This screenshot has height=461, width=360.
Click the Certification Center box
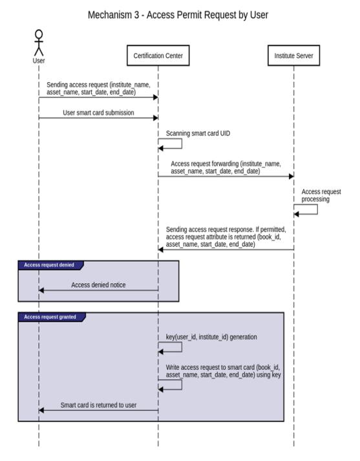click(158, 55)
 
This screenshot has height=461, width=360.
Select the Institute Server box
click(293, 55)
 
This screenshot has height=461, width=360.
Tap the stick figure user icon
click(39, 43)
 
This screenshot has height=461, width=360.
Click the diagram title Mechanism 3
click(178, 15)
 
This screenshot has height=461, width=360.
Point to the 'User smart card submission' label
click(98, 113)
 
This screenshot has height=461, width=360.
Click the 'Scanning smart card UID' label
click(198, 133)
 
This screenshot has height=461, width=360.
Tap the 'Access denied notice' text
click(98, 285)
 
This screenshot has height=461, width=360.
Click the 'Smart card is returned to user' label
click(98, 405)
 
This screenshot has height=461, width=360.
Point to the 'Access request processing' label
click(321, 195)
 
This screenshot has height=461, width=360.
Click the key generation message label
click(211, 337)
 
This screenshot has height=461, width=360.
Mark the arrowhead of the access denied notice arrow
click(41, 290)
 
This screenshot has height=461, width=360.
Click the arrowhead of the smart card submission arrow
click(156, 118)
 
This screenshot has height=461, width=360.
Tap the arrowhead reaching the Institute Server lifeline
click(291, 177)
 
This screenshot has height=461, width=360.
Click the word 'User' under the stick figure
click(39, 61)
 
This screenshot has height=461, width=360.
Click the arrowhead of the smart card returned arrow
click(41, 410)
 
